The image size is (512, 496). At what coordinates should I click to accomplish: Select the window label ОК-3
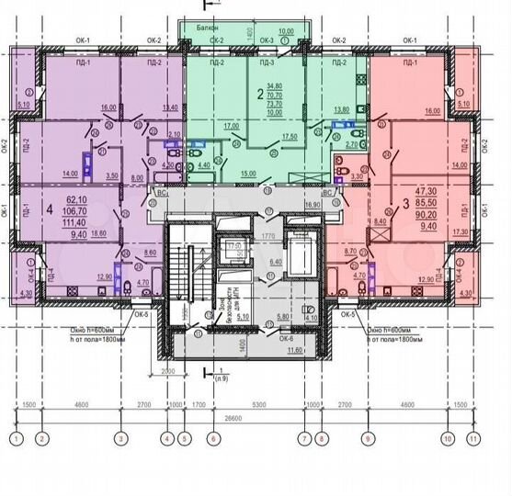click(267, 41)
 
